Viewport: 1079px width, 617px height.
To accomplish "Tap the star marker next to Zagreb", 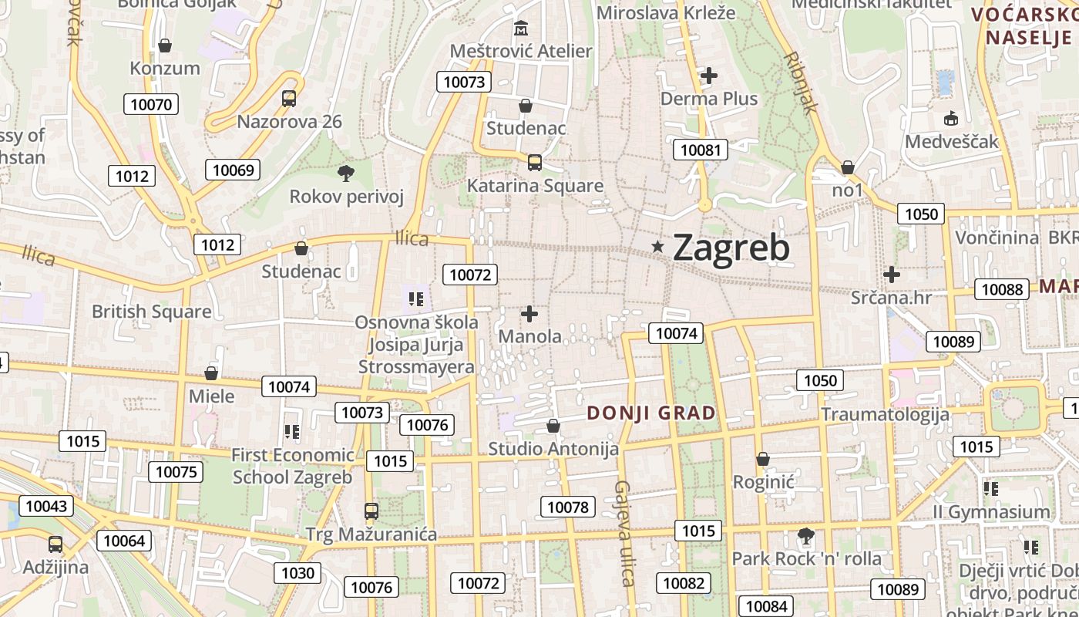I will pos(657,247).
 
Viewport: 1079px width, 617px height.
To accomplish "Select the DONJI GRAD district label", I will pos(651,413).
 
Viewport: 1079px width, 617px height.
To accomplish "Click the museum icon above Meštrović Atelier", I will pos(522,29).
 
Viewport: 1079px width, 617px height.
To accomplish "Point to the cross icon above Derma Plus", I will pos(709,76).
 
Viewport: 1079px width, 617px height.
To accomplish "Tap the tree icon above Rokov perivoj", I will pos(346,174).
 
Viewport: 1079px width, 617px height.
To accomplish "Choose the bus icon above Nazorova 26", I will pos(289,99).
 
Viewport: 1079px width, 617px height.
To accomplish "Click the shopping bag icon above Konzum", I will pos(164,46).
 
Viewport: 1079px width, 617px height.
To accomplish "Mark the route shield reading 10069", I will pos(233,170).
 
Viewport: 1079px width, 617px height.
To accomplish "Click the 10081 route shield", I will pos(700,150).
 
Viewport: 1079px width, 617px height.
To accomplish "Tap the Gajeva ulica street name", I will pos(625,532).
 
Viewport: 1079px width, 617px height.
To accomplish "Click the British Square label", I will pos(151,312).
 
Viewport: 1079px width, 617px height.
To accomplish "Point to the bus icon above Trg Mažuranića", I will pos(371,511).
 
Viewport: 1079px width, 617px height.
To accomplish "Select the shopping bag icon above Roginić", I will pos(763,459).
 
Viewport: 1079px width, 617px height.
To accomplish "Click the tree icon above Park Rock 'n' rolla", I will pos(805,535).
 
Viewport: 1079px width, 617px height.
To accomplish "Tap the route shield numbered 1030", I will pos(298,572).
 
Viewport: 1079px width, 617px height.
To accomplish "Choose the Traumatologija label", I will pos(885,414).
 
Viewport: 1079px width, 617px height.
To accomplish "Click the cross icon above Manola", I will pos(529,314).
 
